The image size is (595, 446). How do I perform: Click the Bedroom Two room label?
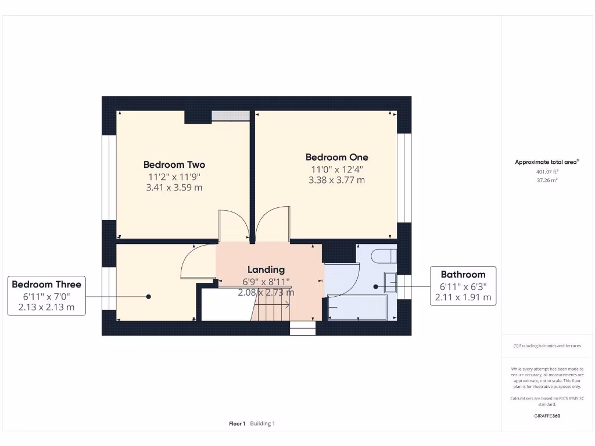[x=174, y=165]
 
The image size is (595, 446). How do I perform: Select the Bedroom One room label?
[x=336, y=157]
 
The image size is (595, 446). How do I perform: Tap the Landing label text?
[x=266, y=269]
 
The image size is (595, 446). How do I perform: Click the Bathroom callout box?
[x=463, y=286]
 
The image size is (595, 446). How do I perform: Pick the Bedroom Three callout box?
[x=46, y=296]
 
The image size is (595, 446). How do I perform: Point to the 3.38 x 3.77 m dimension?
[x=336, y=180]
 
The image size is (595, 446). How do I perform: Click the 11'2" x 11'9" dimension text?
[x=174, y=177]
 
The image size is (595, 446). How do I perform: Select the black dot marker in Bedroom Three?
[x=148, y=296]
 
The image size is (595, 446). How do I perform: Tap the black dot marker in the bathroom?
[x=375, y=286]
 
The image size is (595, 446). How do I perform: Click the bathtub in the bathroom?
[x=357, y=307]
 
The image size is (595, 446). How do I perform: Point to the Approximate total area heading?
[x=546, y=163]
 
